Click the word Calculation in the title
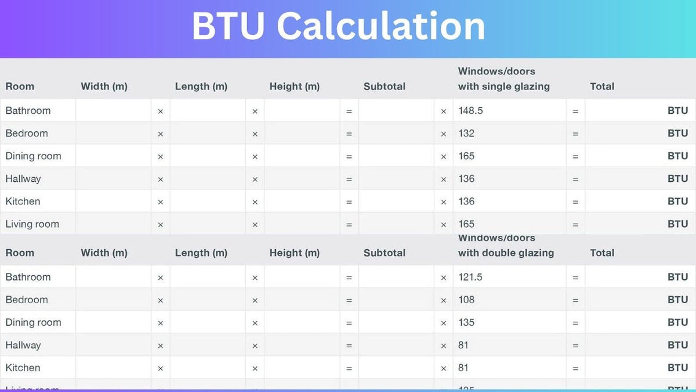pos(381,26)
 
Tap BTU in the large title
pos(229,26)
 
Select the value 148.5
pos(470,110)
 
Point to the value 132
pos(466,133)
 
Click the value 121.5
pos(470,277)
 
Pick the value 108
pos(466,300)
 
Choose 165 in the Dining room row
pos(466,156)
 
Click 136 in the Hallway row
pos(466,178)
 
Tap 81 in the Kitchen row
pos(463,368)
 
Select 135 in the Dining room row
pos(466,322)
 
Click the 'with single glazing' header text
pos(503,87)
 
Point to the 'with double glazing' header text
pos(506,253)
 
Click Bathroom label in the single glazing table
pos(28,110)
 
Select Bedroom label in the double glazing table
pos(27,300)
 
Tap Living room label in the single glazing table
pos(32,224)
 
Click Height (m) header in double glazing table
pos(294,253)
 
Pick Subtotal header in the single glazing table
pos(384,87)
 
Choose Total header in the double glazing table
pos(601,253)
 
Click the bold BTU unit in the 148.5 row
pos(677,110)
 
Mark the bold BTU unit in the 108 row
pos(677,300)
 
